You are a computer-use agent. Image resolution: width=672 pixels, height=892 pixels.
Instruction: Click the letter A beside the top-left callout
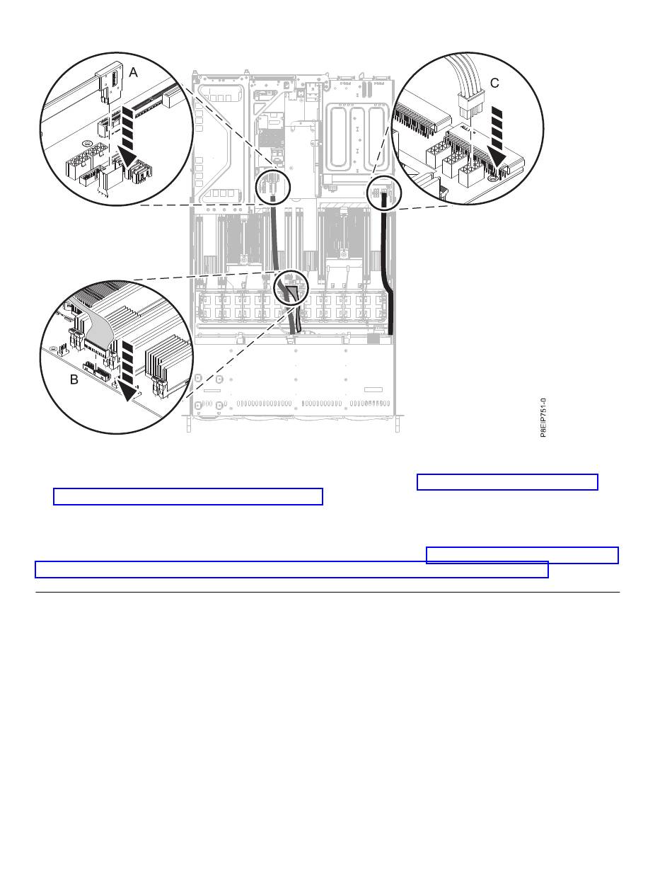[133, 72]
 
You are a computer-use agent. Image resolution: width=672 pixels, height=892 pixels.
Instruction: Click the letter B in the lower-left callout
[74, 379]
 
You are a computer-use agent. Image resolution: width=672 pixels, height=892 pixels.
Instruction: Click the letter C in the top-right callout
[494, 83]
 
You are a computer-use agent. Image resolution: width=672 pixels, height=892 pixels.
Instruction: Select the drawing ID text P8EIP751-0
[543, 417]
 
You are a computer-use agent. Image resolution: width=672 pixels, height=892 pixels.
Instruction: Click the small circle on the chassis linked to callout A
[272, 186]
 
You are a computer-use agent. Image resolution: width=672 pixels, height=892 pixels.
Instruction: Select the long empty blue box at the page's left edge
[291, 570]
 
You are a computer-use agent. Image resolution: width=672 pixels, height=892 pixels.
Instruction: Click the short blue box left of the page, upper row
[188, 496]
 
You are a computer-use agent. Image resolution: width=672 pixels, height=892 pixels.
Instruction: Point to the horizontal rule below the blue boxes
[328, 592]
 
